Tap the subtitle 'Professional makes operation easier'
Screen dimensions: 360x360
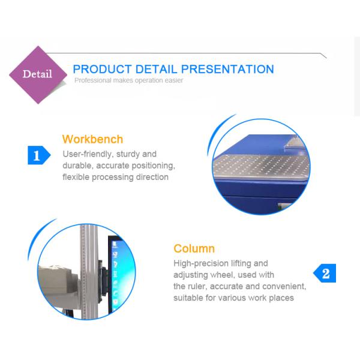(x=128, y=80)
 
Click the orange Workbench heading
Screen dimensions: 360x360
(x=92, y=139)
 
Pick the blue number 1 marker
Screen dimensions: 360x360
(x=37, y=155)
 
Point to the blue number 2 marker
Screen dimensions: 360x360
(x=325, y=274)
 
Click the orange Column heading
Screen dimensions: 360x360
(x=194, y=248)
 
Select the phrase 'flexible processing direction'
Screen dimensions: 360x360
(x=115, y=177)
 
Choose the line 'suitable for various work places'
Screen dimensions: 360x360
(x=233, y=298)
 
